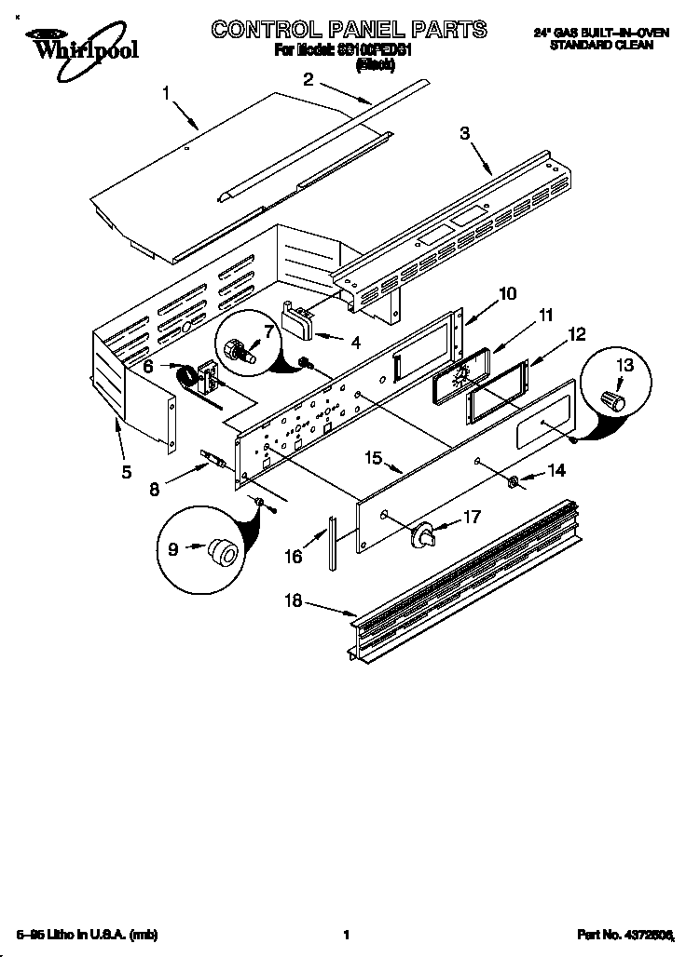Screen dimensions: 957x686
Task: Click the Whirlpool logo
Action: coord(81,43)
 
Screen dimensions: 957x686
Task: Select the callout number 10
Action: coord(507,293)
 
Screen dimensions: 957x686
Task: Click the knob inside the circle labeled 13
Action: coord(612,400)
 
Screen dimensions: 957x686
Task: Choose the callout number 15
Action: coord(374,458)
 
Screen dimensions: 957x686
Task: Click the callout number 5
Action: coord(127,471)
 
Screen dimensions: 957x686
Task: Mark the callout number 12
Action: coord(578,332)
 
